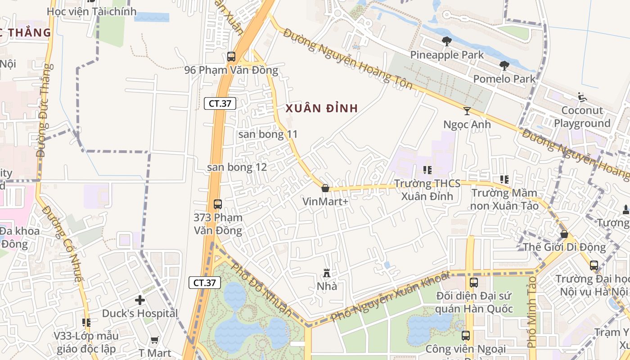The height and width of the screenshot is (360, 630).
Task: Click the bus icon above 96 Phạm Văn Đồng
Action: (x=231, y=57)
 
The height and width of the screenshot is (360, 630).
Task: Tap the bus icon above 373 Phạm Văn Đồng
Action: (x=218, y=204)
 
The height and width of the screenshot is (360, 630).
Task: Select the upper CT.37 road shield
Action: (x=220, y=103)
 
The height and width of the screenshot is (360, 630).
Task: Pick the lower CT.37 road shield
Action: (x=204, y=283)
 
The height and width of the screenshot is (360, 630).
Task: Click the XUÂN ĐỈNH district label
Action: (x=322, y=108)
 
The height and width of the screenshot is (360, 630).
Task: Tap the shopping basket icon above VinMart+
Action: (x=325, y=188)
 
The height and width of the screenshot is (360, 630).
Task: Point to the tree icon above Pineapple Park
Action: (x=447, y=41)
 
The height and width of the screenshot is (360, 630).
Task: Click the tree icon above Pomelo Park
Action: (x=504, y=66)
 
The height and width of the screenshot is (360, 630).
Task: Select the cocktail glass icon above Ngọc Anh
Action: (x=467, y=111)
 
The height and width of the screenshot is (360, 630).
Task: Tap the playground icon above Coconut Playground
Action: (x=582, y=97)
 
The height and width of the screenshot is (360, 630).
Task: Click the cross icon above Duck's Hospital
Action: (x=140, y=300)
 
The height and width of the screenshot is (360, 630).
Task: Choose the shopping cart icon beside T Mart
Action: (x=155, y=340)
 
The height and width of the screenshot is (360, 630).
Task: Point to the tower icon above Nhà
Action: (x=327, y=273)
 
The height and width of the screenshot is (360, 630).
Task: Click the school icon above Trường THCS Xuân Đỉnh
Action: (x=427, y=170)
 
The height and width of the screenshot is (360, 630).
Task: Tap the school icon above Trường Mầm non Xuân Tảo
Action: (x=504, y=180)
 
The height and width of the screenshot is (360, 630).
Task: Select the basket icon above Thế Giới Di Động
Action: (x=564, y=234)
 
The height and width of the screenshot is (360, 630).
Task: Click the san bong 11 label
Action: (x=268, y=134)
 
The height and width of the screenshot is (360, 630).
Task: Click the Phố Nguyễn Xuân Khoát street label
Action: (x=390, y=297)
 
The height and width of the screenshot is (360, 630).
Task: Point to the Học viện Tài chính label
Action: (x=91, y=12)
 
